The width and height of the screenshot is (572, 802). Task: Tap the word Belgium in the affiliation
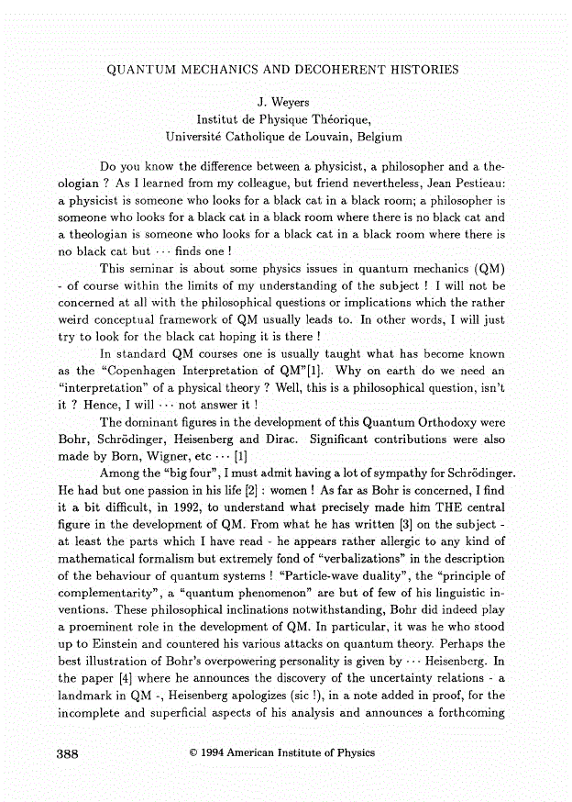(375, 136)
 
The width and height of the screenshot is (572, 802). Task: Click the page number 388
(68, 752)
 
